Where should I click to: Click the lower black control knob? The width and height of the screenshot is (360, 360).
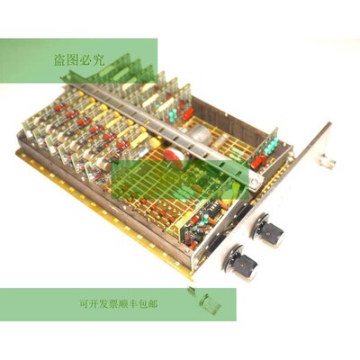coord(242,265)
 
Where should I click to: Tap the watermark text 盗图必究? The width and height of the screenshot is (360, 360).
coord(79,60)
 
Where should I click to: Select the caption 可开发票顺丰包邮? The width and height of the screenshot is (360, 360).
coord(119,304)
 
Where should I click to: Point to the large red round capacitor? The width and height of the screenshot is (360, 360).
coord(175,156)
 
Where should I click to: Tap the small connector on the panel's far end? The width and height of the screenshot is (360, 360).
coord(327,161)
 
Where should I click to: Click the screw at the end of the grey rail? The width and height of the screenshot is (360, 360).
coord(254,182)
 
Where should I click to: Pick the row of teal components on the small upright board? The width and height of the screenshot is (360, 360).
coord(271,148)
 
